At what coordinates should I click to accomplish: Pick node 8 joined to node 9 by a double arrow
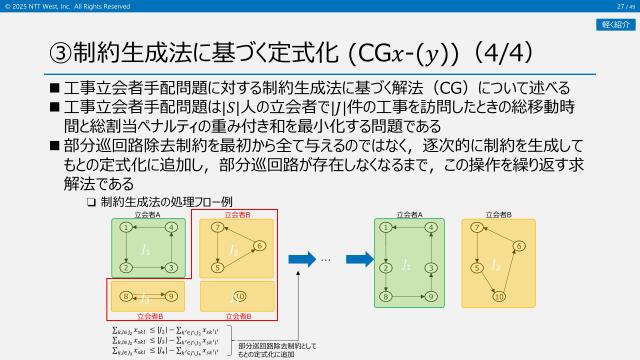[125, 296]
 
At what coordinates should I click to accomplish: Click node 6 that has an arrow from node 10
[520, 246]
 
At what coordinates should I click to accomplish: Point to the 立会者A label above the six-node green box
[409, 213]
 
